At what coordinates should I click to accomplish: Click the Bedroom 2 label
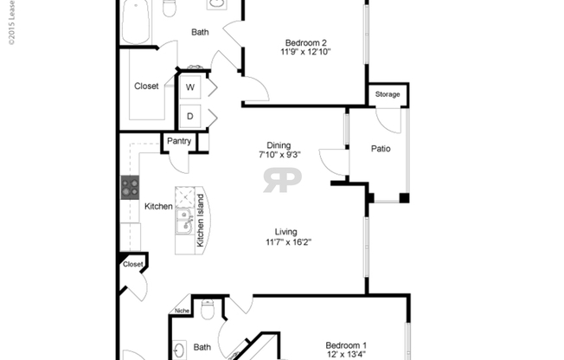[305, 41]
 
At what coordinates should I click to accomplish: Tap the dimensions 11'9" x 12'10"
[305, 52]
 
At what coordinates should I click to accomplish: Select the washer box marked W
[189, 87]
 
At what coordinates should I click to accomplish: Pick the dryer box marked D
[189, 116]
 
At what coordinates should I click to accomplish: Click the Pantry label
[179, 141]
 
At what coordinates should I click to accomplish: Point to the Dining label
[279, 145]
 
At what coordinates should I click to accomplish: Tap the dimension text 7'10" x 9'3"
[279, 156]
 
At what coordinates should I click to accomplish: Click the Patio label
[381, 149]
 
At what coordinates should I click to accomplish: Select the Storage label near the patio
[388, 94]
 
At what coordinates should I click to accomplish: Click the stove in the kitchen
[131, 186]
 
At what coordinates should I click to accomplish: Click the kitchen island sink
[183, 222]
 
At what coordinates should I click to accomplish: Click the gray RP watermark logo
[282, 181]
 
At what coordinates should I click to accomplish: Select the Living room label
[286, 232]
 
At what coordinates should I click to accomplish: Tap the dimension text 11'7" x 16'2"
[286, 242]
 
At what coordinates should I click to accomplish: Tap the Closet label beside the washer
[146, 87]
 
